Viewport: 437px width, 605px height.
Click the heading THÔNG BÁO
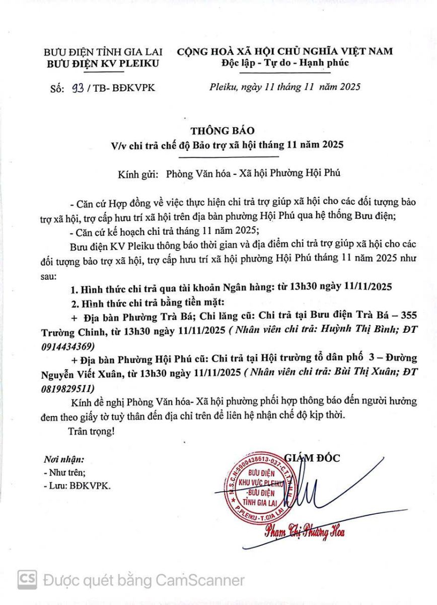click(x=219, y=131)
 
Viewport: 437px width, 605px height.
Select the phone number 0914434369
click(x=66, y=347)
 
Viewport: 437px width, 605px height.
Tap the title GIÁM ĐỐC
click(x=312, y=458)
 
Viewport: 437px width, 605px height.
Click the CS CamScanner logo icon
click(x=27, y=580)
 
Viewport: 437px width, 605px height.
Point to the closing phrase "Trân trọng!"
click(x=91, y=432)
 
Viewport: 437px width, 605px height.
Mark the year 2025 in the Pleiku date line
click(x=349, y=87)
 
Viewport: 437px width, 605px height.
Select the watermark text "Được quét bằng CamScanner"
click(x=144, y=580)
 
